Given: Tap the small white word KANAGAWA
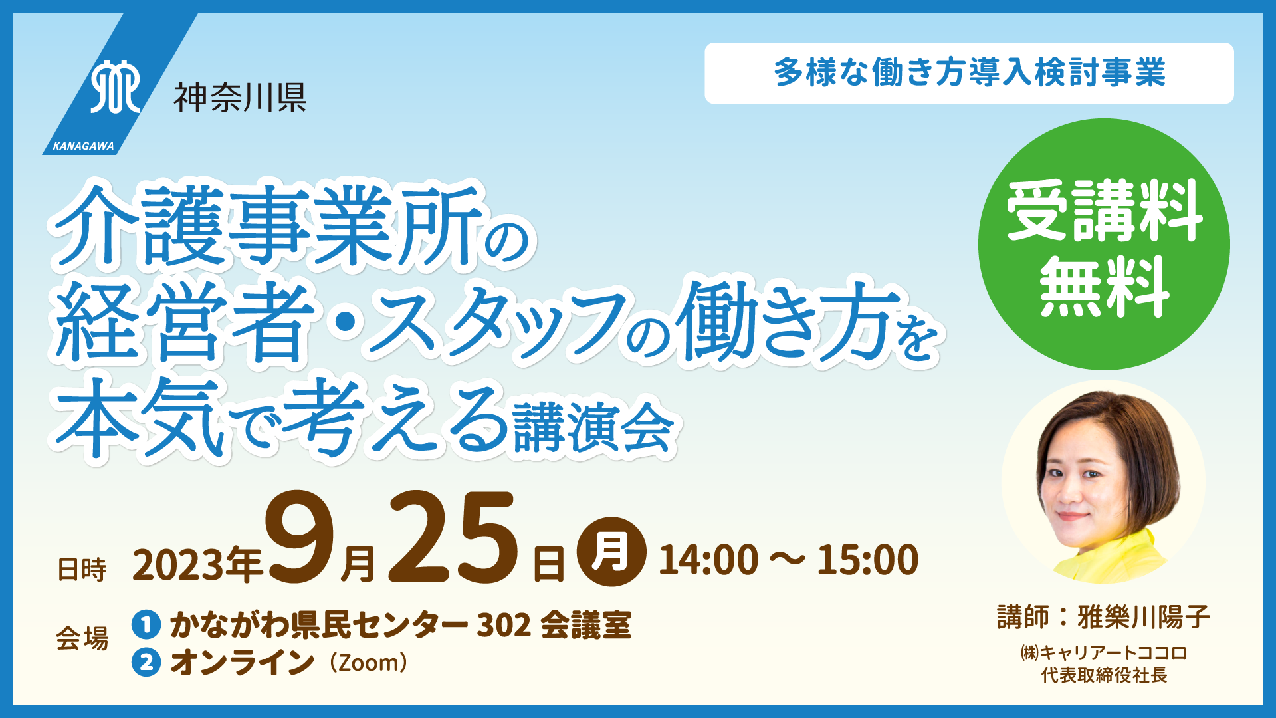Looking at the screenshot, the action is coord(84,146).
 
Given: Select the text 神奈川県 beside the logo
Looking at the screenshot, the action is coord(240,98).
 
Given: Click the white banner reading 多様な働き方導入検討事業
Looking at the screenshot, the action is coord(969,73).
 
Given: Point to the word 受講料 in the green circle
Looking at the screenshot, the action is coord(1104,211).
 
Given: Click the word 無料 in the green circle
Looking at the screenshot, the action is coord(1104,287).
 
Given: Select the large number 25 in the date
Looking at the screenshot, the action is coord(453,537).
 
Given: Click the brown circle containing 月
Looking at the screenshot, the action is coord(611,552).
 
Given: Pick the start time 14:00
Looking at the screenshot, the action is coord(708,560).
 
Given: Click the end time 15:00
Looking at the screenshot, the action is coord(868,560).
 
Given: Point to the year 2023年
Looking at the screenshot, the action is coord(198,565).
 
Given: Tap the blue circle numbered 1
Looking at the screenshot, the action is coord(146,624).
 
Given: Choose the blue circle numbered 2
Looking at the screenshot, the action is coord(146,662).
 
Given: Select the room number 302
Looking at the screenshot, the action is coord(504,625).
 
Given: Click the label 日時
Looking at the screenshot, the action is coord(82,570).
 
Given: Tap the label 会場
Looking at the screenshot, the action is coord(82,638).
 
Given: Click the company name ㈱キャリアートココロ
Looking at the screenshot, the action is coord(1104,653).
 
